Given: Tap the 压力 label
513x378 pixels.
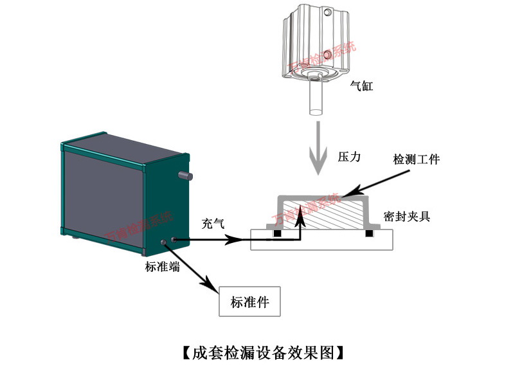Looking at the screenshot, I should tap(349, 156).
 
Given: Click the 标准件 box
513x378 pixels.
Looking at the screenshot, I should tap(249, 301).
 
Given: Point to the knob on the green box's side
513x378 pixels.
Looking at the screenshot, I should tap(187, 174).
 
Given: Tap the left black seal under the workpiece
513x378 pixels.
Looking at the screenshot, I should tap(276, 233).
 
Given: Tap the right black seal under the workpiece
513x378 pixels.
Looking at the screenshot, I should tap(370, 233).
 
